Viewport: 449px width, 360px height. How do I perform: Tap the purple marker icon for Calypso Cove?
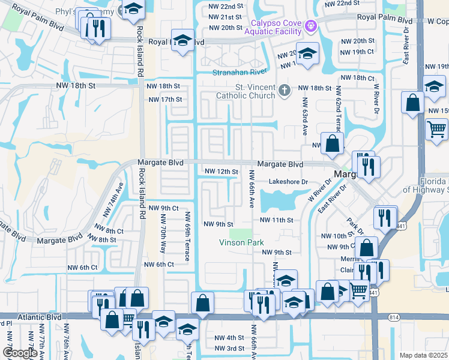pos(310,26)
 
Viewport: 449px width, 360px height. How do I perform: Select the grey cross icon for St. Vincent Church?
pos(285,91)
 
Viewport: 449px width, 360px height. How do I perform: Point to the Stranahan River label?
pos(240,72)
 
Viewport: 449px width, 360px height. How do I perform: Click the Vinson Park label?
pos(241,242)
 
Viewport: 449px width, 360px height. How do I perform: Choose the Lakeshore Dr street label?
pos(288,182)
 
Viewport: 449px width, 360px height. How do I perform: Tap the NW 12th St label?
pos(221,172)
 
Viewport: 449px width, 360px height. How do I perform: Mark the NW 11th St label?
pos(276,220)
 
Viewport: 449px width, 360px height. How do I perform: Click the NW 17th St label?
pos(164,100)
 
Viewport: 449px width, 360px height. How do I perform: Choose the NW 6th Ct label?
pos(158,265)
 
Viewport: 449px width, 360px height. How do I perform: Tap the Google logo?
pos(20,353)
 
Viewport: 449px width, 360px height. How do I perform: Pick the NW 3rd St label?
pos(229,349)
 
